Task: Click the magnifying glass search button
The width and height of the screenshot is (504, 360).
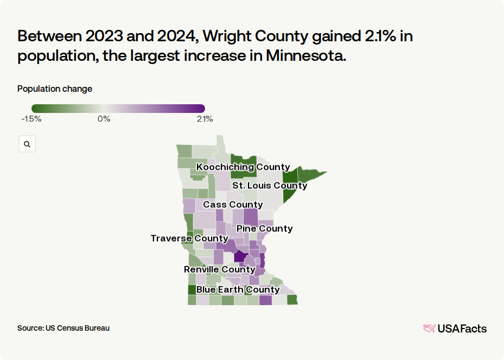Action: pos(27,144)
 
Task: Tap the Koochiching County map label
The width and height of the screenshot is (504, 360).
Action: pos(243,167)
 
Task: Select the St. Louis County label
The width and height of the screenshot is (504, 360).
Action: pos(270,186)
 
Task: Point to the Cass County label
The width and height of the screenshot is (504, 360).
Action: pos(233,205)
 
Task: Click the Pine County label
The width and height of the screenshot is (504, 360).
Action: pos(265,229)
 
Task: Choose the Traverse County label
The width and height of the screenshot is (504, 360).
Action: pos(189,238)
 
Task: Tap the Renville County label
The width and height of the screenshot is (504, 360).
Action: pos(220,269)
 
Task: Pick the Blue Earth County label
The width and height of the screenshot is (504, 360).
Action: pos(238,290)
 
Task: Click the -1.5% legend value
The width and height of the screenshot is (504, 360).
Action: pos(31,119)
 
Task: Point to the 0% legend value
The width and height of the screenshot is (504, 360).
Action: pos(104,119)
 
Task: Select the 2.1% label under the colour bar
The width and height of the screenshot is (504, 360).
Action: pos(205,119)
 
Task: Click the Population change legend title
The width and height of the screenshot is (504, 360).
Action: pos(55,89)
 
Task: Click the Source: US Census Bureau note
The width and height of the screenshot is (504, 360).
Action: pos(63,328)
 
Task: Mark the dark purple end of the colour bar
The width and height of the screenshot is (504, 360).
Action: pos(201,108)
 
